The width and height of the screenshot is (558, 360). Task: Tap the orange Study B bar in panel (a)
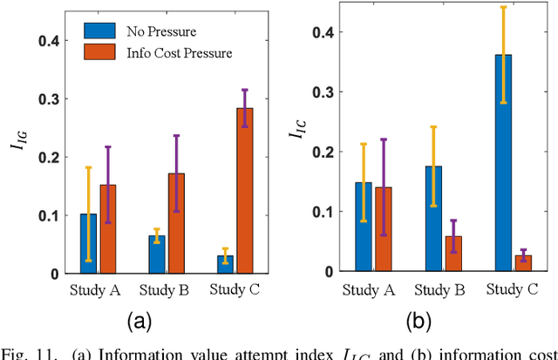(176, 223)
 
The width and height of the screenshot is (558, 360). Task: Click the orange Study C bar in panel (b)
(522, 263)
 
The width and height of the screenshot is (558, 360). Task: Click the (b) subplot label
(420, 323)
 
